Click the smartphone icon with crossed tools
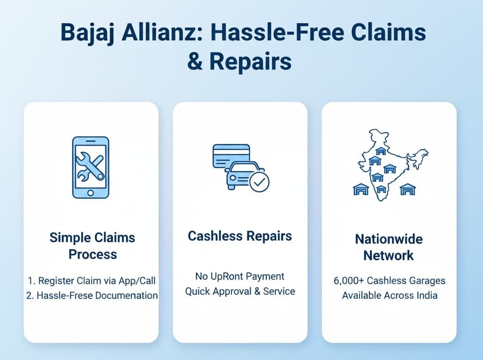coord(90,167)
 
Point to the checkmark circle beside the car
coord(259,182)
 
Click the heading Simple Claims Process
coord(92,246)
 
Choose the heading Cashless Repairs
coord(240,237)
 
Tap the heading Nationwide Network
coord(388,247)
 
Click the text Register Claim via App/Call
coord(96,281)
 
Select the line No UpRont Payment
coord(240,276)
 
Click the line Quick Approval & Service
coord(240,291)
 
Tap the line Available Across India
coord(389,296)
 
